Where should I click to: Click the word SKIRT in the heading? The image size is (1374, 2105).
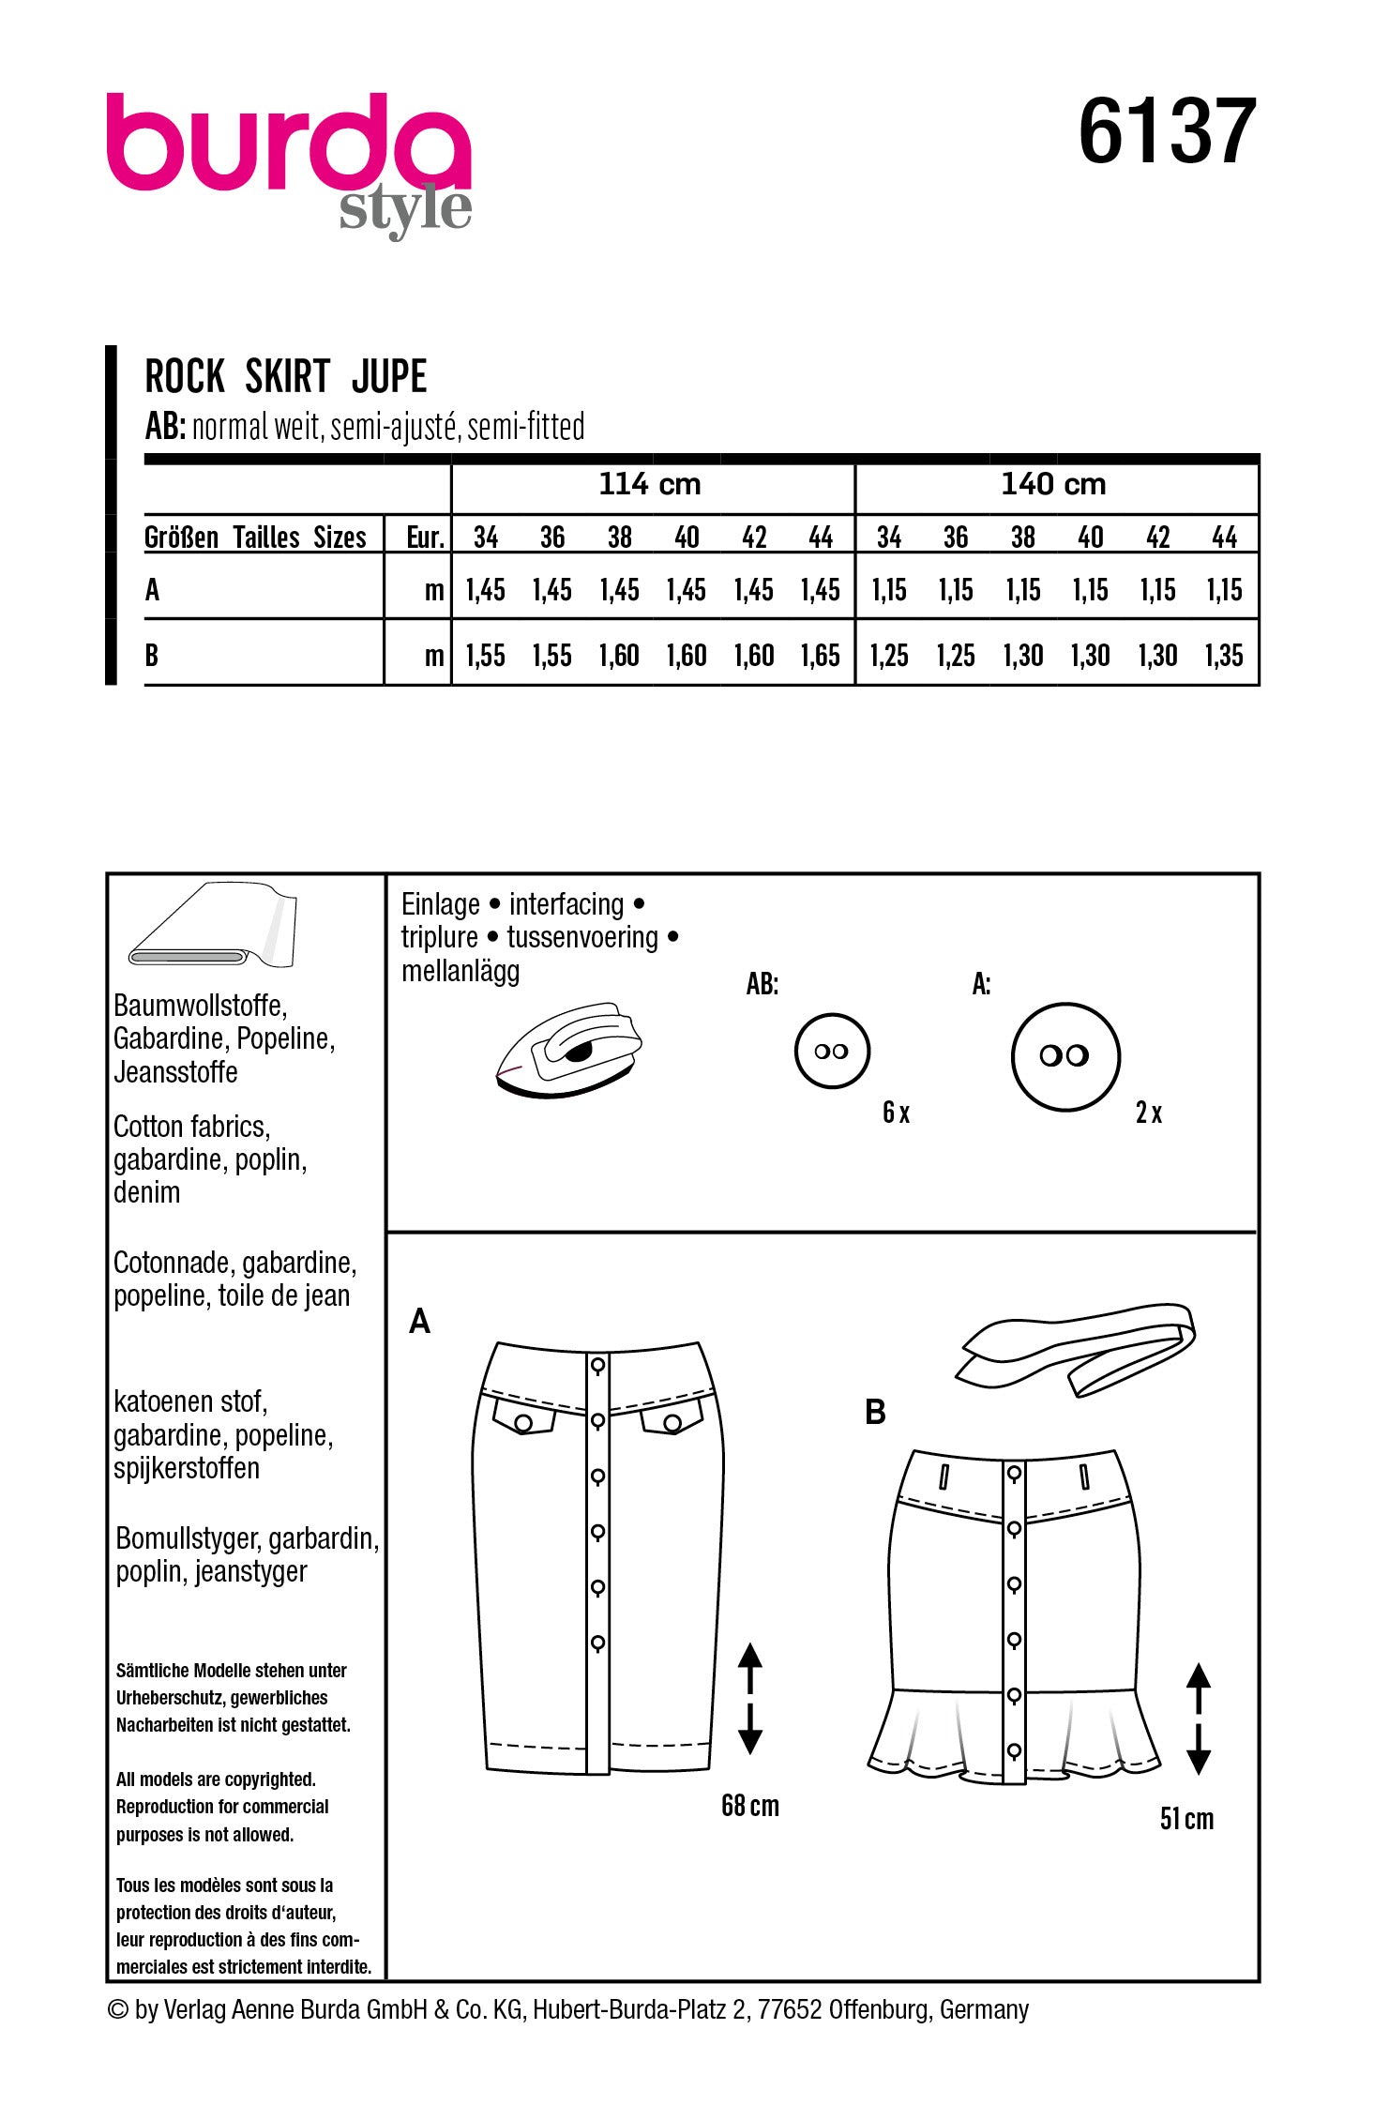[x=287, y=377]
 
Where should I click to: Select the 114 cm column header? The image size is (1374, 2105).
[x=650, y=485]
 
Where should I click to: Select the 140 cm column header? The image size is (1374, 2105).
[x=1053, y=485]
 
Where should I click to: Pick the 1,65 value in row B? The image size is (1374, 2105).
[x=820, y=656]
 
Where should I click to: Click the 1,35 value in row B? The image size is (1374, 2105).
[x=1224, y=656]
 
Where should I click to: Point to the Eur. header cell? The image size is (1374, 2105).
[x=424, y=538]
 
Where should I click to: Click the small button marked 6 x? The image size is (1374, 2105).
[x=832, y=1052]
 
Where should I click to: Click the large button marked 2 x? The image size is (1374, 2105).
[x=1064, y=1056]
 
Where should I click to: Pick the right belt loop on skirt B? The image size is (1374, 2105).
[x=1084, y=1477]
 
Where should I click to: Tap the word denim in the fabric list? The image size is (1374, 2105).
[x=146, y=1193]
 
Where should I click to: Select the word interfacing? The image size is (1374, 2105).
[x=566, y=904]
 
